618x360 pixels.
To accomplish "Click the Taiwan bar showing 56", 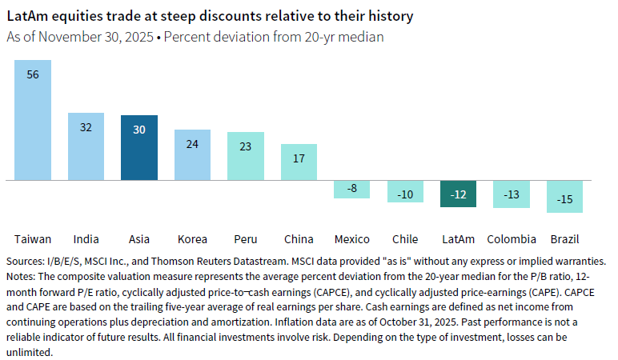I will tap(33, 120).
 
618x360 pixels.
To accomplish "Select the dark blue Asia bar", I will tap(139, 148).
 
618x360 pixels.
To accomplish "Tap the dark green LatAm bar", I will tap(459, 194).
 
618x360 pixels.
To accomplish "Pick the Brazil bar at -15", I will tap(565, 197).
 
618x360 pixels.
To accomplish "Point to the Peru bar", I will tap(246, 156).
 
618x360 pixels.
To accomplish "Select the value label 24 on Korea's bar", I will tap(192, 145).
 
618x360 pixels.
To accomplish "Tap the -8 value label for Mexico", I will tap(352, 189).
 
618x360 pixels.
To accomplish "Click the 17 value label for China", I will tap(299, 158).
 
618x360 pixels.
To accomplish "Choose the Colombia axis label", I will tap(512, 239).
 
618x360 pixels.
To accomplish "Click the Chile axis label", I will tap(405, 239).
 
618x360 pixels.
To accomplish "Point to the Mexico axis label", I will tap(352, 239).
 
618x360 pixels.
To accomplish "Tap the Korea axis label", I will tap(192, 239).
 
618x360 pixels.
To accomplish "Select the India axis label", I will tap(86, 239).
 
